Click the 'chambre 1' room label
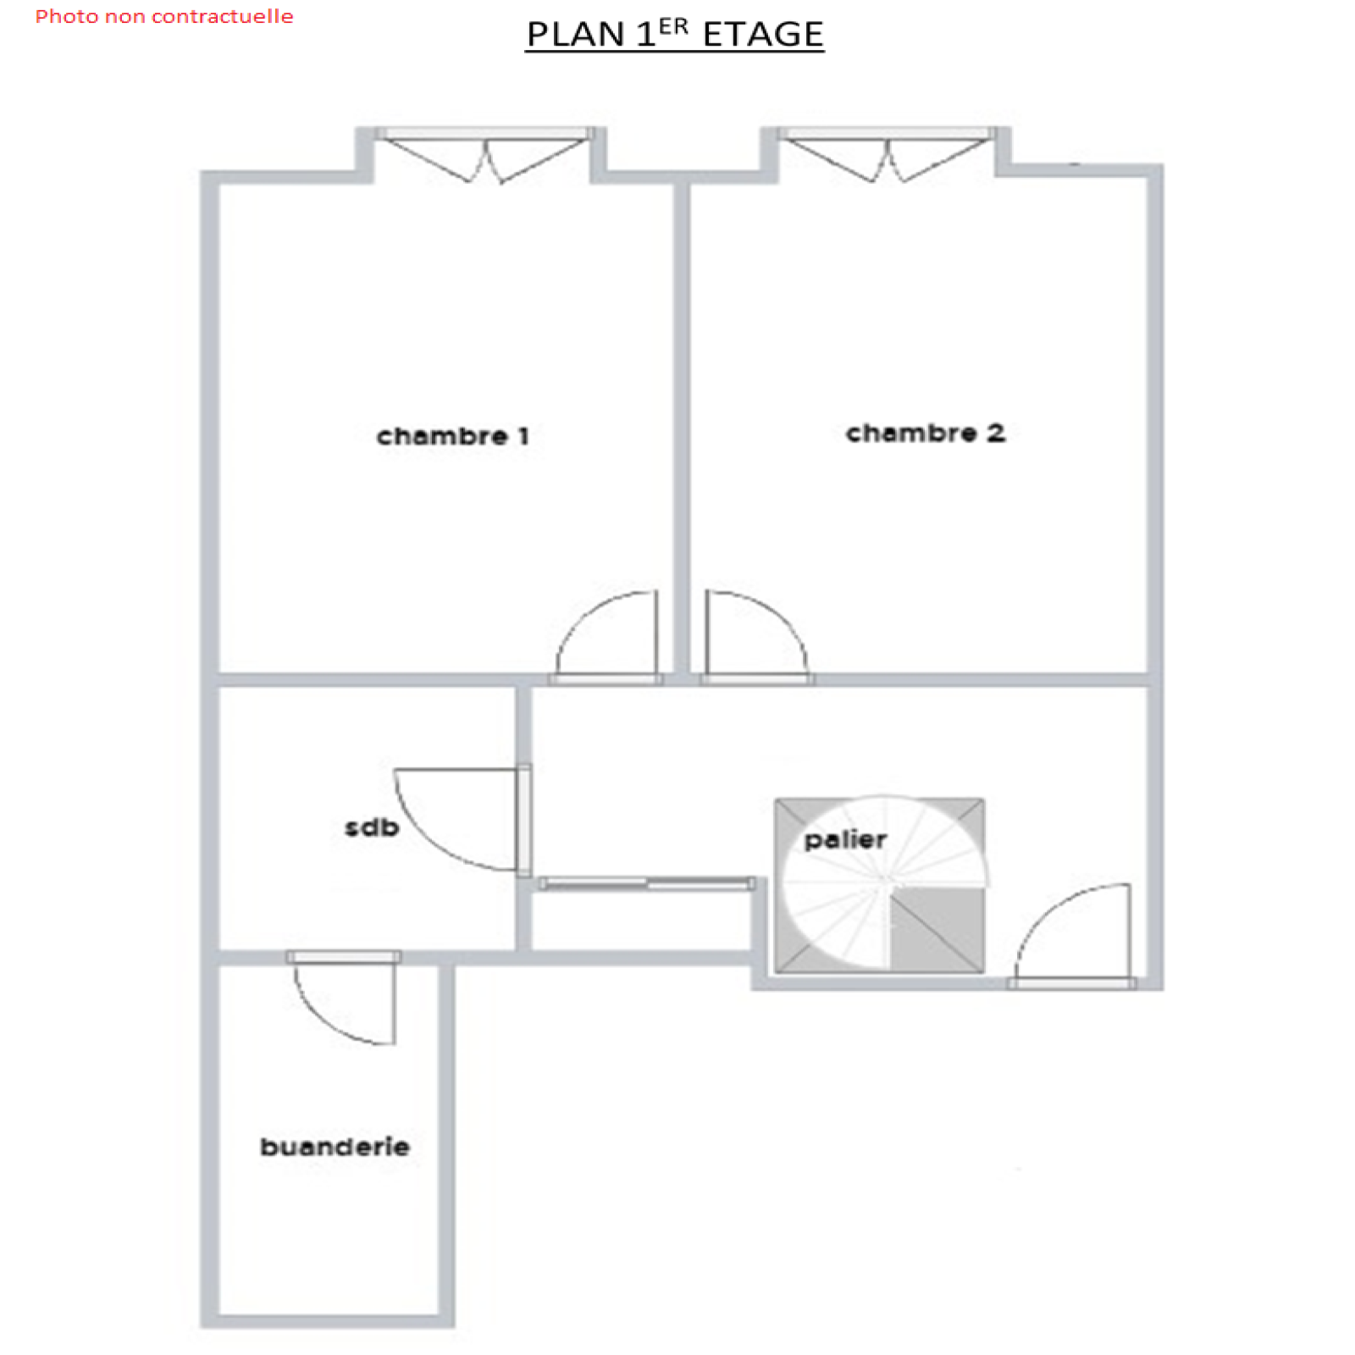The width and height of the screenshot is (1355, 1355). click(453, 436)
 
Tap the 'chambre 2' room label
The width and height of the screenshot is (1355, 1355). click(926, 433)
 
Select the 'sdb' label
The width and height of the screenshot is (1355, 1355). click(372, 827)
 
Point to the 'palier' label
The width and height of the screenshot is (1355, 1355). click(845, 839)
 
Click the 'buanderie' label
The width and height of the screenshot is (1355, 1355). click(335, 1147)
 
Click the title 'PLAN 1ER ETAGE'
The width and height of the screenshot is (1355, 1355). click(675, 34)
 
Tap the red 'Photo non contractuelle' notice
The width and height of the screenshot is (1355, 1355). click(164, 16)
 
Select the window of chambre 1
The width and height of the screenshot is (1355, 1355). click(484, 154)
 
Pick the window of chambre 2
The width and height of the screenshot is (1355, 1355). click(886, 154)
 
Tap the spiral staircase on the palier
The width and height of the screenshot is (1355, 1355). click(881, 885)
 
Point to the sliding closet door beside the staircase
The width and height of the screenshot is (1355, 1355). click(647, 883)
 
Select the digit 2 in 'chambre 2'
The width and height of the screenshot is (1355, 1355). click(996, 433)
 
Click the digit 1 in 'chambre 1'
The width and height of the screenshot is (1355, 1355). click(524, 436)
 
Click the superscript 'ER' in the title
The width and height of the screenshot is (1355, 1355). click(673, 26)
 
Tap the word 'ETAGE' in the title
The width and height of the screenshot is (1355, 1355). click(763, 35)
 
